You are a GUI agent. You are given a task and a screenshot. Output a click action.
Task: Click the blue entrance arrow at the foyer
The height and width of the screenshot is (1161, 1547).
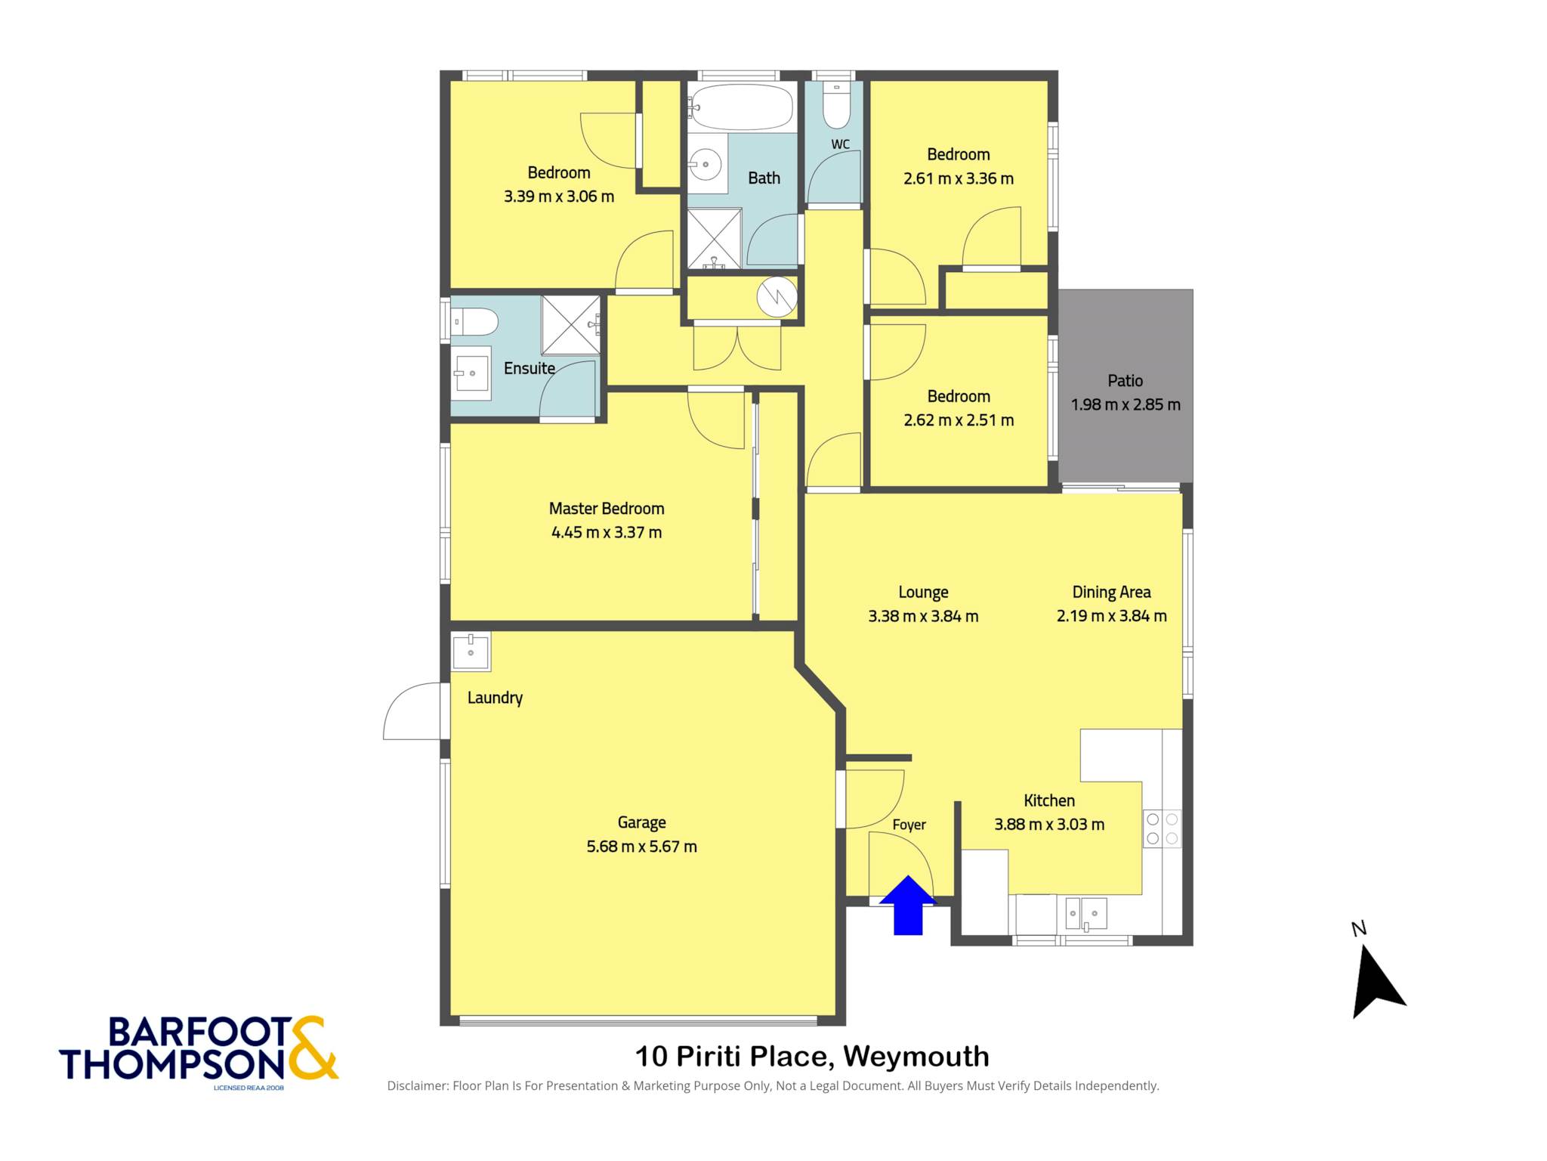coord(908,906)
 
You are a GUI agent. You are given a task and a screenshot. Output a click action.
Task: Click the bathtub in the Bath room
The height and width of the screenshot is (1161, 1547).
coord(741,107)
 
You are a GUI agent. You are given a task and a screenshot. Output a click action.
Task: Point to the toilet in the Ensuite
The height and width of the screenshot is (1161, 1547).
coord(474,322)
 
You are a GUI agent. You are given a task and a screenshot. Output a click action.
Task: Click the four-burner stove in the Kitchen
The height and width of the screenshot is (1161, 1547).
coord(1162,828)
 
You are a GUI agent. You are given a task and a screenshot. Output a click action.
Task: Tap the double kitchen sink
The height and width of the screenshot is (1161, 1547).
coord(1085,914)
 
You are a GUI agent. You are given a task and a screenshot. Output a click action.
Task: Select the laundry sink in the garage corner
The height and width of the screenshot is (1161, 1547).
coord(471,652)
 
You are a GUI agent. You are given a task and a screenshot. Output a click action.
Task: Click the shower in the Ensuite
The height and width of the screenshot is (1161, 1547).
coord(571,325)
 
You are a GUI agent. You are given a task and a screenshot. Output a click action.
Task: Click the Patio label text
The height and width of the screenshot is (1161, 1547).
coord(1125,381)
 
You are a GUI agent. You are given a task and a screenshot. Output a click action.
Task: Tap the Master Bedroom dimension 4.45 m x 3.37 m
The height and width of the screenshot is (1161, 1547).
coord(607,532)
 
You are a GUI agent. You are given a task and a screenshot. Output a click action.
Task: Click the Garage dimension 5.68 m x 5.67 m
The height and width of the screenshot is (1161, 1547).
coord(641,847)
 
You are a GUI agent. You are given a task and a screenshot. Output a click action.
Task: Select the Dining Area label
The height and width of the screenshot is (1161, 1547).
coord(1111,592)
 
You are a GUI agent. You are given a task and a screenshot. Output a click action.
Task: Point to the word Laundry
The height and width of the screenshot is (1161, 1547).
coord(495,698)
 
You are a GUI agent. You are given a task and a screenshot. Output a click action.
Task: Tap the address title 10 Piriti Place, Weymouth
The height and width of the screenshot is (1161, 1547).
coord(812,1056)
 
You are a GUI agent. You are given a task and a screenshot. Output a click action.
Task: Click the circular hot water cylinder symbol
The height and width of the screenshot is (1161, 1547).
coord(777,296)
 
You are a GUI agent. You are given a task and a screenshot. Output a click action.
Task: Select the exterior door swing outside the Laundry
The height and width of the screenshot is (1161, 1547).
coord(412,711)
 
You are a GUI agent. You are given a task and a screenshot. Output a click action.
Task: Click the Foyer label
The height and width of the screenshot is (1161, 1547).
coord(909,825)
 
